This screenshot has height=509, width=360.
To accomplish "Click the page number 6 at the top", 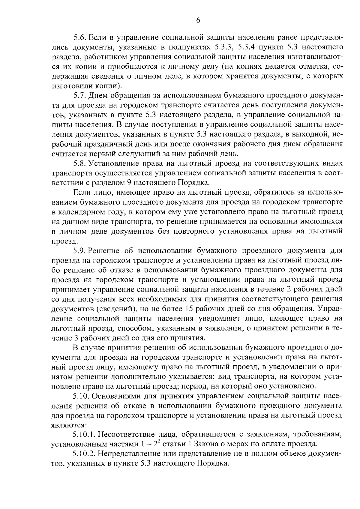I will pyautogui.click(x=198, y=20).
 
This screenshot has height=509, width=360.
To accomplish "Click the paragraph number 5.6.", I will pyautogui.click(x=80, y=38).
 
